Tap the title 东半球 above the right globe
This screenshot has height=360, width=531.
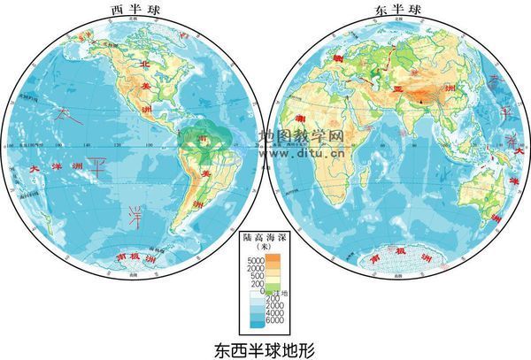pyautogui.click(x=396, y=10)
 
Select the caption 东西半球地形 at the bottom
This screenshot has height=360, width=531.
pyautogui.click(x=265, y=348)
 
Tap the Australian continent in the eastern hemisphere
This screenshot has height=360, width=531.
pyautogui.click(x=485, y=190)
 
